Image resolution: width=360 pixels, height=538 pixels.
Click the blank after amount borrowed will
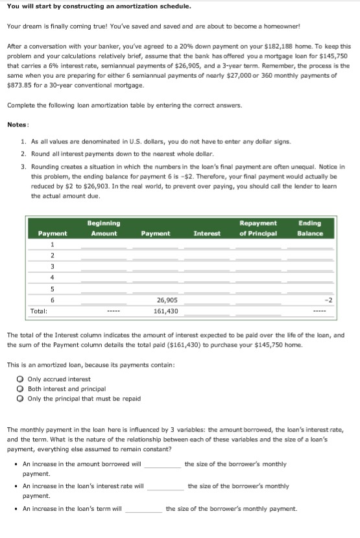(162, 464)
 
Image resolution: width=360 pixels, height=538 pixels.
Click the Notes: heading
(18, 124)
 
